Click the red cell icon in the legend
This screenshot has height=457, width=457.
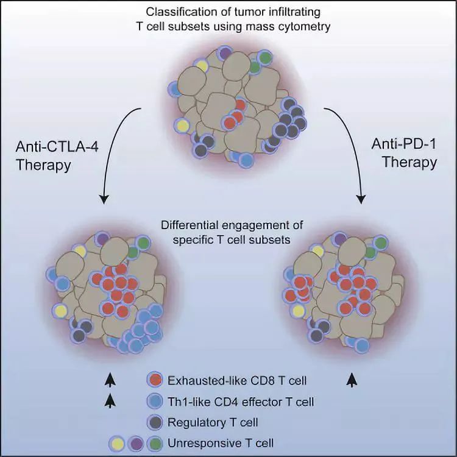[155, 381]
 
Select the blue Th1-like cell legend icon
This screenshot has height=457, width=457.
[155, 401]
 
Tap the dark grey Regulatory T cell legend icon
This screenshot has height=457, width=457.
[155, 421]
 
